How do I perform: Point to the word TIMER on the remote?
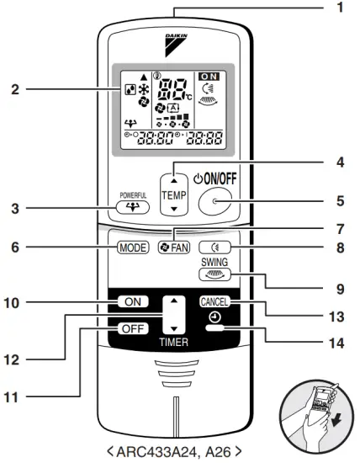[173, 343]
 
